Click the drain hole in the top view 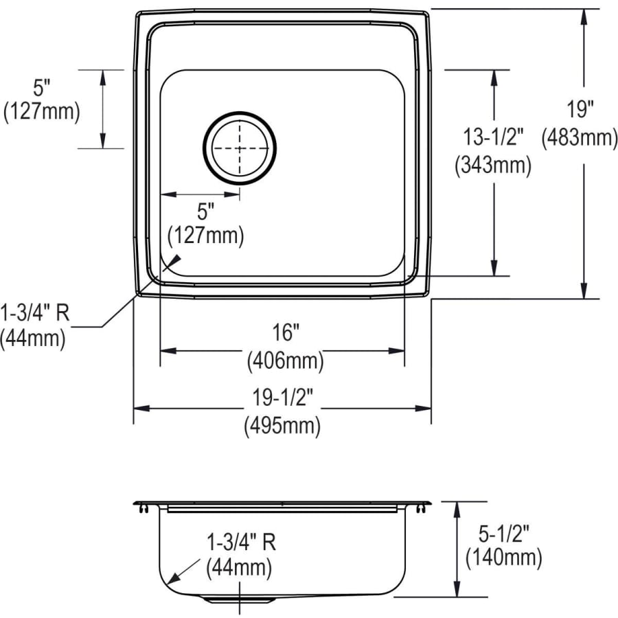click(239, 148)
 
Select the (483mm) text click(580, 137)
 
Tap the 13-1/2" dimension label click(493, 137)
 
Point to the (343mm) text click(493, 165)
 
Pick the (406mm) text click(286, 360)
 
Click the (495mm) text click(282, 425)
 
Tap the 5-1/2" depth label click(503, 534)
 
